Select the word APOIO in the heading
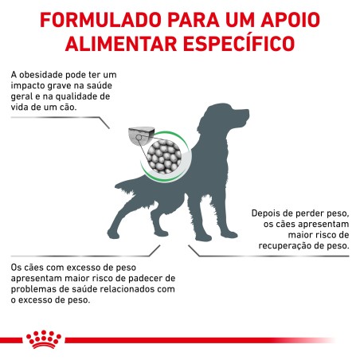click(x=291, y=20)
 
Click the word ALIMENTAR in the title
click(x=121, y=44)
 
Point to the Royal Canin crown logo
click(x=44, y=339)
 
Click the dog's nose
click(x=247, y=112)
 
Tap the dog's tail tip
click(x=117, y=185)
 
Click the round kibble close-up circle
click(x=164, y=156)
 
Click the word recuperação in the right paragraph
click(x=284, y=245)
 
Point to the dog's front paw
click(x=230, y=234)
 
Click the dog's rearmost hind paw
click(x=114, y=234)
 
